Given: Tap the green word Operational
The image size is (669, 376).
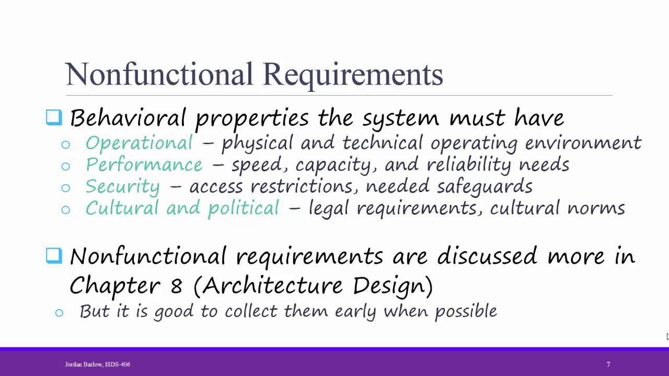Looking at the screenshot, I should [x=139, y=143].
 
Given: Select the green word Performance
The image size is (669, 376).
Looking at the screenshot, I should [x=144, y=165].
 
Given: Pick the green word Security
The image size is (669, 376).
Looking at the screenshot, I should [x=122, y=187].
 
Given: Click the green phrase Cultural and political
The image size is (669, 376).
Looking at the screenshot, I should [x=182, y=208].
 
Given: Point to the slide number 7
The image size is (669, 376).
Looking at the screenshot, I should [x=608, y=365].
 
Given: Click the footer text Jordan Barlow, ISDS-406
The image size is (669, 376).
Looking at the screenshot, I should [x=97, y=365].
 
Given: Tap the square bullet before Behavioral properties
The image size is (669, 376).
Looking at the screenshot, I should [x=54, y=117].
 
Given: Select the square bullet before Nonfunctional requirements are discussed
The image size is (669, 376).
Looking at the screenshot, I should [x=54, y=255].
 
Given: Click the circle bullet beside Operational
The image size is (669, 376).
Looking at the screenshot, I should [x=65, y=145].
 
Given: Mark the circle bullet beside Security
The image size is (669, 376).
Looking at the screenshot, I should [x=65, y=188].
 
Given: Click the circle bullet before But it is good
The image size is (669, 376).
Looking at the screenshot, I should [x=59, y=313].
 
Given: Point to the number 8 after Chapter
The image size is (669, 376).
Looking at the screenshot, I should [x=176, y=286].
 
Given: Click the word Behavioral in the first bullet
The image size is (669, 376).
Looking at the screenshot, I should [x=128, y=118].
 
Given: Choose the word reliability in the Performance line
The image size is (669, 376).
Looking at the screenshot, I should [x=469, y=165].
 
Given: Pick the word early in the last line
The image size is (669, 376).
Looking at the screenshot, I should [x=355, y=312].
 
